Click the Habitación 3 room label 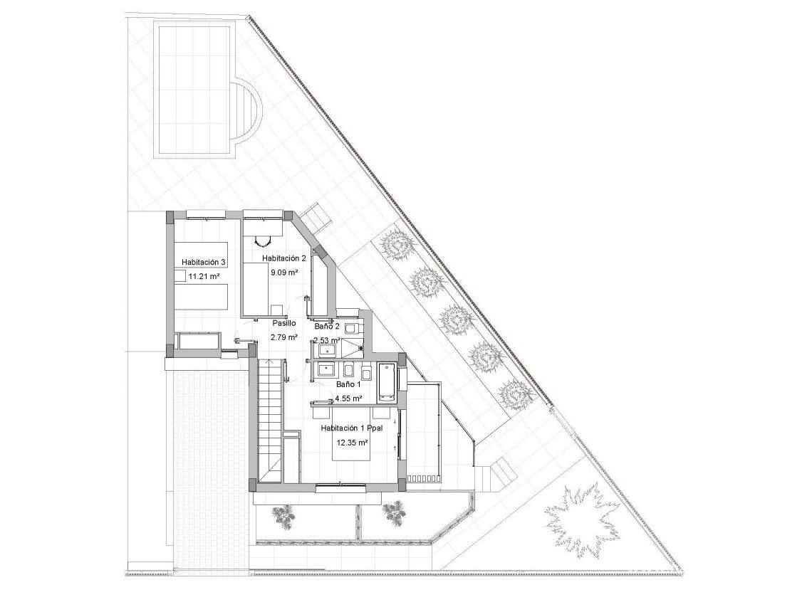pos(204,262)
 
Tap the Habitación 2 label pos(283,258)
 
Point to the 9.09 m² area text pos(283,272)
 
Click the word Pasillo pos(283,323)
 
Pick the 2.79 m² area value pos(283,337)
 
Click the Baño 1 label pos(348,384)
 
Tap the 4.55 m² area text pos(349,398)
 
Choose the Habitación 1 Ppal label pos(352,428)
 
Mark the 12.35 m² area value pos(352,443)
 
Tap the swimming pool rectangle pos(194,89)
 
